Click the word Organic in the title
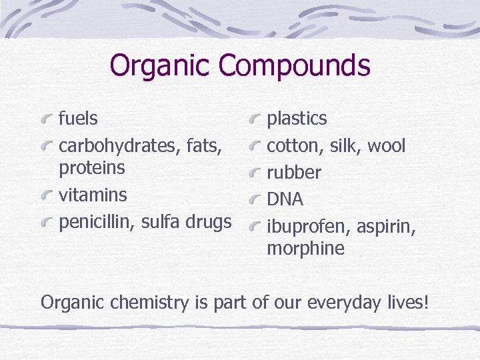[160, 66]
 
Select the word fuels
[79, 119]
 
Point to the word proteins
[92, 168]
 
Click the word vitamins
[93, 195]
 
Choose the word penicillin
[96, 221]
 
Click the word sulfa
[161, 221]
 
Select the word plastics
[297, 119]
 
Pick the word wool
[387, 145]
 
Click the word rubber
[294, 173]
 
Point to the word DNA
[285, 199]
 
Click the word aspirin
[386, 227]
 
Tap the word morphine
[305, 249]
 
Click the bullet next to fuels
[46, 120]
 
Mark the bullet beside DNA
[254, 200]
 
